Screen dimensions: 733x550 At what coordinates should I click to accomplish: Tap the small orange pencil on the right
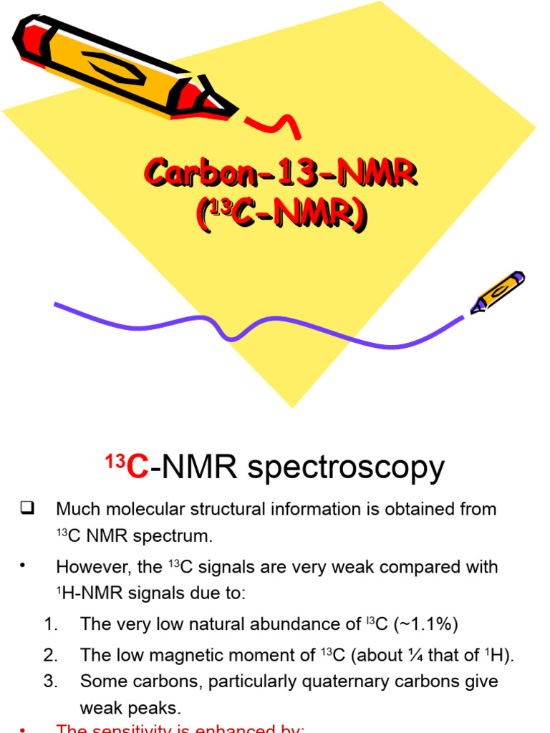[x=498, y=292]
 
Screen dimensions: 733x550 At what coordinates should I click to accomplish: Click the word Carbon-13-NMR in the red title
[x=281, y=174]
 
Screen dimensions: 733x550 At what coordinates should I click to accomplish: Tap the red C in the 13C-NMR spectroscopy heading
[x=137, y=469]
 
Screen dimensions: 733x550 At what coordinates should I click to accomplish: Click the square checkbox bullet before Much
[x=28, y=509]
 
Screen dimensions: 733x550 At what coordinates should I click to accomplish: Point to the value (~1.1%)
[x=423, y=624]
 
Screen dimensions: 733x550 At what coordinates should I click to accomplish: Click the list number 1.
[x=50, y=624]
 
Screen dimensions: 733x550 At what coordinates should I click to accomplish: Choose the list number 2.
[x=50, y=655]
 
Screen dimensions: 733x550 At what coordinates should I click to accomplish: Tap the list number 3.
[x=50, y=681]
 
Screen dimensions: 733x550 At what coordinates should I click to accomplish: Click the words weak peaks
[x=130, y=708]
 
